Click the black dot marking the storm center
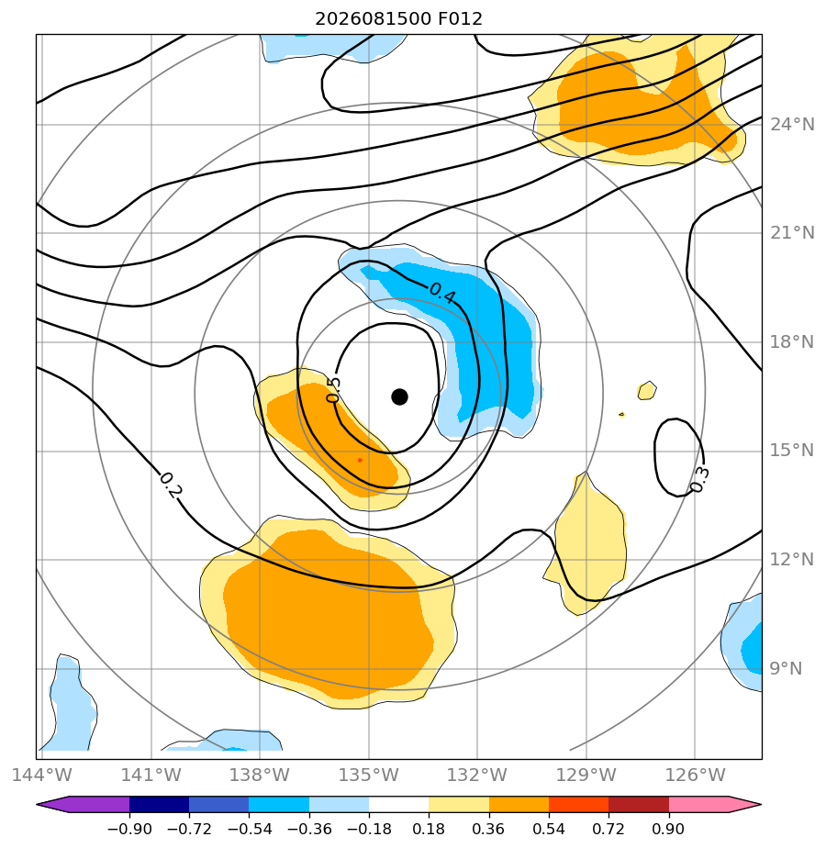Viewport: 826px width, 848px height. coord(399,397)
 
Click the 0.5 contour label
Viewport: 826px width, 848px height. coord(334,390)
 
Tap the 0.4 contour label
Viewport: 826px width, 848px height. coord(442,292)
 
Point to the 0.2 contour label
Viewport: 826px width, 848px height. coord(171,485)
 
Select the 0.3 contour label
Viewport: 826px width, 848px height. coord(699,480)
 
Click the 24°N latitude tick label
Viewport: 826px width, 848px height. coord(792,125)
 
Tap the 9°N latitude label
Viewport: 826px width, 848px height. coord(786,669)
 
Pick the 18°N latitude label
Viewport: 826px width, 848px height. coord(792,342)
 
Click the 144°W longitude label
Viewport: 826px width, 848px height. coord(42,775)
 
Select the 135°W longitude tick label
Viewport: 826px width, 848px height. coord(368,775)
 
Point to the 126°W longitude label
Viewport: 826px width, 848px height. coord(695,775)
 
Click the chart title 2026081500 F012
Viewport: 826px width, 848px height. coord(398,19)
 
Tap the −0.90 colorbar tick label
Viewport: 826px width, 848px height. coord(129,829)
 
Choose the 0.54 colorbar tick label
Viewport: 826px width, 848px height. coord(549,829)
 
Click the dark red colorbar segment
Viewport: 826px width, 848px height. coord(639,805)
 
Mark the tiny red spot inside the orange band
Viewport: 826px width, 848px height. coord(361,460)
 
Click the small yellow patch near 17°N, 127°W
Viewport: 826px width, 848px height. coord(647,390)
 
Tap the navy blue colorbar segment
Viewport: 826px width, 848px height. coord(159,805)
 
